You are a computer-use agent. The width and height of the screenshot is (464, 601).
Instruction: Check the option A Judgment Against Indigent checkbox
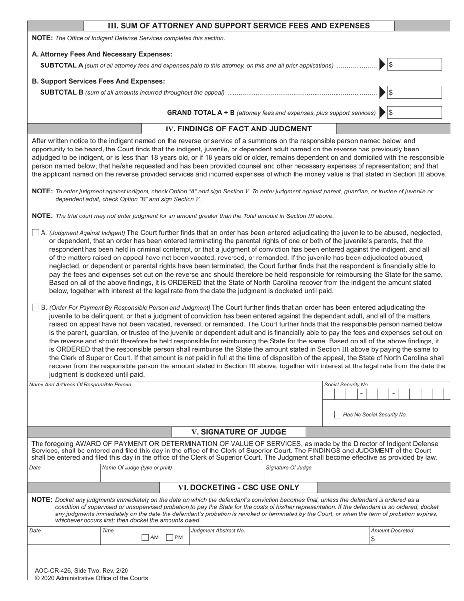35,233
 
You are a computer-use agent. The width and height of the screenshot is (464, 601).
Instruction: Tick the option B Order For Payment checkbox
35,307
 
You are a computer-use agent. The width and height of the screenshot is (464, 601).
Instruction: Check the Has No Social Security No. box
337,414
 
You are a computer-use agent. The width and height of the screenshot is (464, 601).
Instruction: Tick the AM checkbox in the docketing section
145,537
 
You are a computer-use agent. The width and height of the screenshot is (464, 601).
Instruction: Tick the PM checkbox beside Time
169,537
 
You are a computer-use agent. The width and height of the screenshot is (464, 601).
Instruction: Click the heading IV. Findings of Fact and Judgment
238,129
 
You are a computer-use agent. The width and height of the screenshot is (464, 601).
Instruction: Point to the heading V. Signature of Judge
239,432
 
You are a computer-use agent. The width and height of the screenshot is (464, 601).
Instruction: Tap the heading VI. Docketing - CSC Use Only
238,487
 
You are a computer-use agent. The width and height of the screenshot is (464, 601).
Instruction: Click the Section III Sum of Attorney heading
238,26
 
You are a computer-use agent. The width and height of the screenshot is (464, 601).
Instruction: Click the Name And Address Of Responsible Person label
80,385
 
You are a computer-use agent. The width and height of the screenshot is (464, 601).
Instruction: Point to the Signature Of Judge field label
288,468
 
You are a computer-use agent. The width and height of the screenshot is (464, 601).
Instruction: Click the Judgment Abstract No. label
218,530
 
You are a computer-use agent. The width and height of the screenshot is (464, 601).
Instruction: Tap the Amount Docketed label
392,530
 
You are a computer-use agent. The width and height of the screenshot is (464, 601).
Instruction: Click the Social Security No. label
346,385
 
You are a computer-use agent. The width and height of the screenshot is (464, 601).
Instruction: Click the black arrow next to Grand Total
382,113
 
